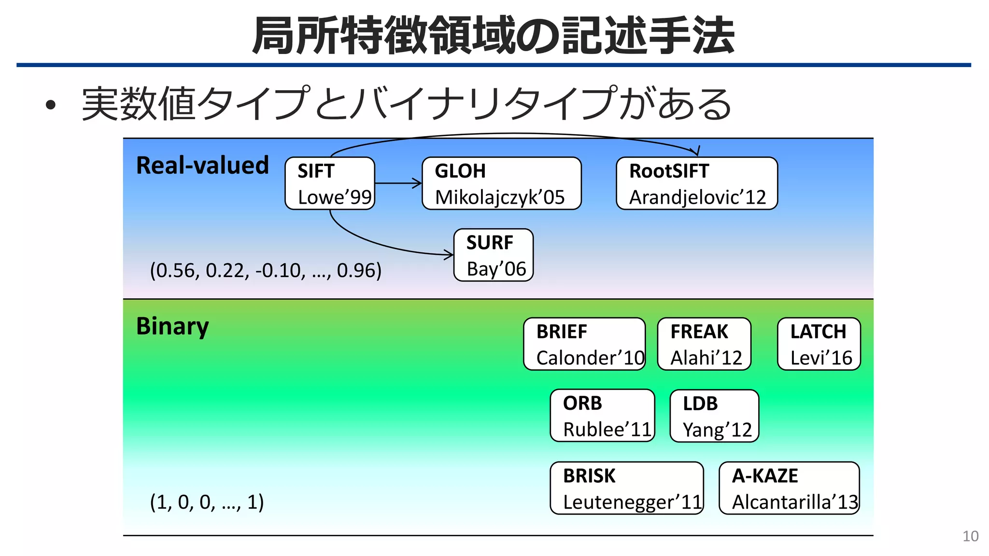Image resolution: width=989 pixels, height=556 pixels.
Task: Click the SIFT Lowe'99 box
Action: tap(330, 183)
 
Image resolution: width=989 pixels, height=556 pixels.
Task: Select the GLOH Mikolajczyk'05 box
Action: tap(501, 183)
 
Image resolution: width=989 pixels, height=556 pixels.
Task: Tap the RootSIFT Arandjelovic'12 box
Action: tap(696, 183)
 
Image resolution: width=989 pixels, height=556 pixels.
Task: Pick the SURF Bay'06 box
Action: tap(493, 255)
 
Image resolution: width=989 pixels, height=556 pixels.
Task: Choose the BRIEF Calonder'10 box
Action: tap(584, 344)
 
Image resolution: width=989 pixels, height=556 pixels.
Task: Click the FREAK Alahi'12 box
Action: tap(704, 344)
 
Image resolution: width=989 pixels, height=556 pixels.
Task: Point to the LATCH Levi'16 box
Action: tap(819, 344)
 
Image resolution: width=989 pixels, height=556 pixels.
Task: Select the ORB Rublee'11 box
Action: tap(602, 416)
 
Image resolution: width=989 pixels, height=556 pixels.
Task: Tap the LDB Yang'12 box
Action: tap(714, 416)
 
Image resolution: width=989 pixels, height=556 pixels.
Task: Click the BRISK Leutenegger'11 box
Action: tap(626, 488)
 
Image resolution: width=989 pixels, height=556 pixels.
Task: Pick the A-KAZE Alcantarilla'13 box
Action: tap(789, 488)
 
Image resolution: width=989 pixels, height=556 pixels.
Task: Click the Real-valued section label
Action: tap(202, 166)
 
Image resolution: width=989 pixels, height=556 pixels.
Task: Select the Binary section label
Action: tap(172, 327)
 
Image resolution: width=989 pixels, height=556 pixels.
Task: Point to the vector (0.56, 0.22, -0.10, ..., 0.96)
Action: tap(266, 270)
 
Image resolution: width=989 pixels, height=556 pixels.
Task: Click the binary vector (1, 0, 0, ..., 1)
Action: tap(207, 502)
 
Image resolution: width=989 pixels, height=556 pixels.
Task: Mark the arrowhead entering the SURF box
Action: tap(450, 254)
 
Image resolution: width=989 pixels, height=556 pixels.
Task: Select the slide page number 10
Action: tap(970, 536)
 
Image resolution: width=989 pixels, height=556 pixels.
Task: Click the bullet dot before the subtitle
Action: tap(51, 105)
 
